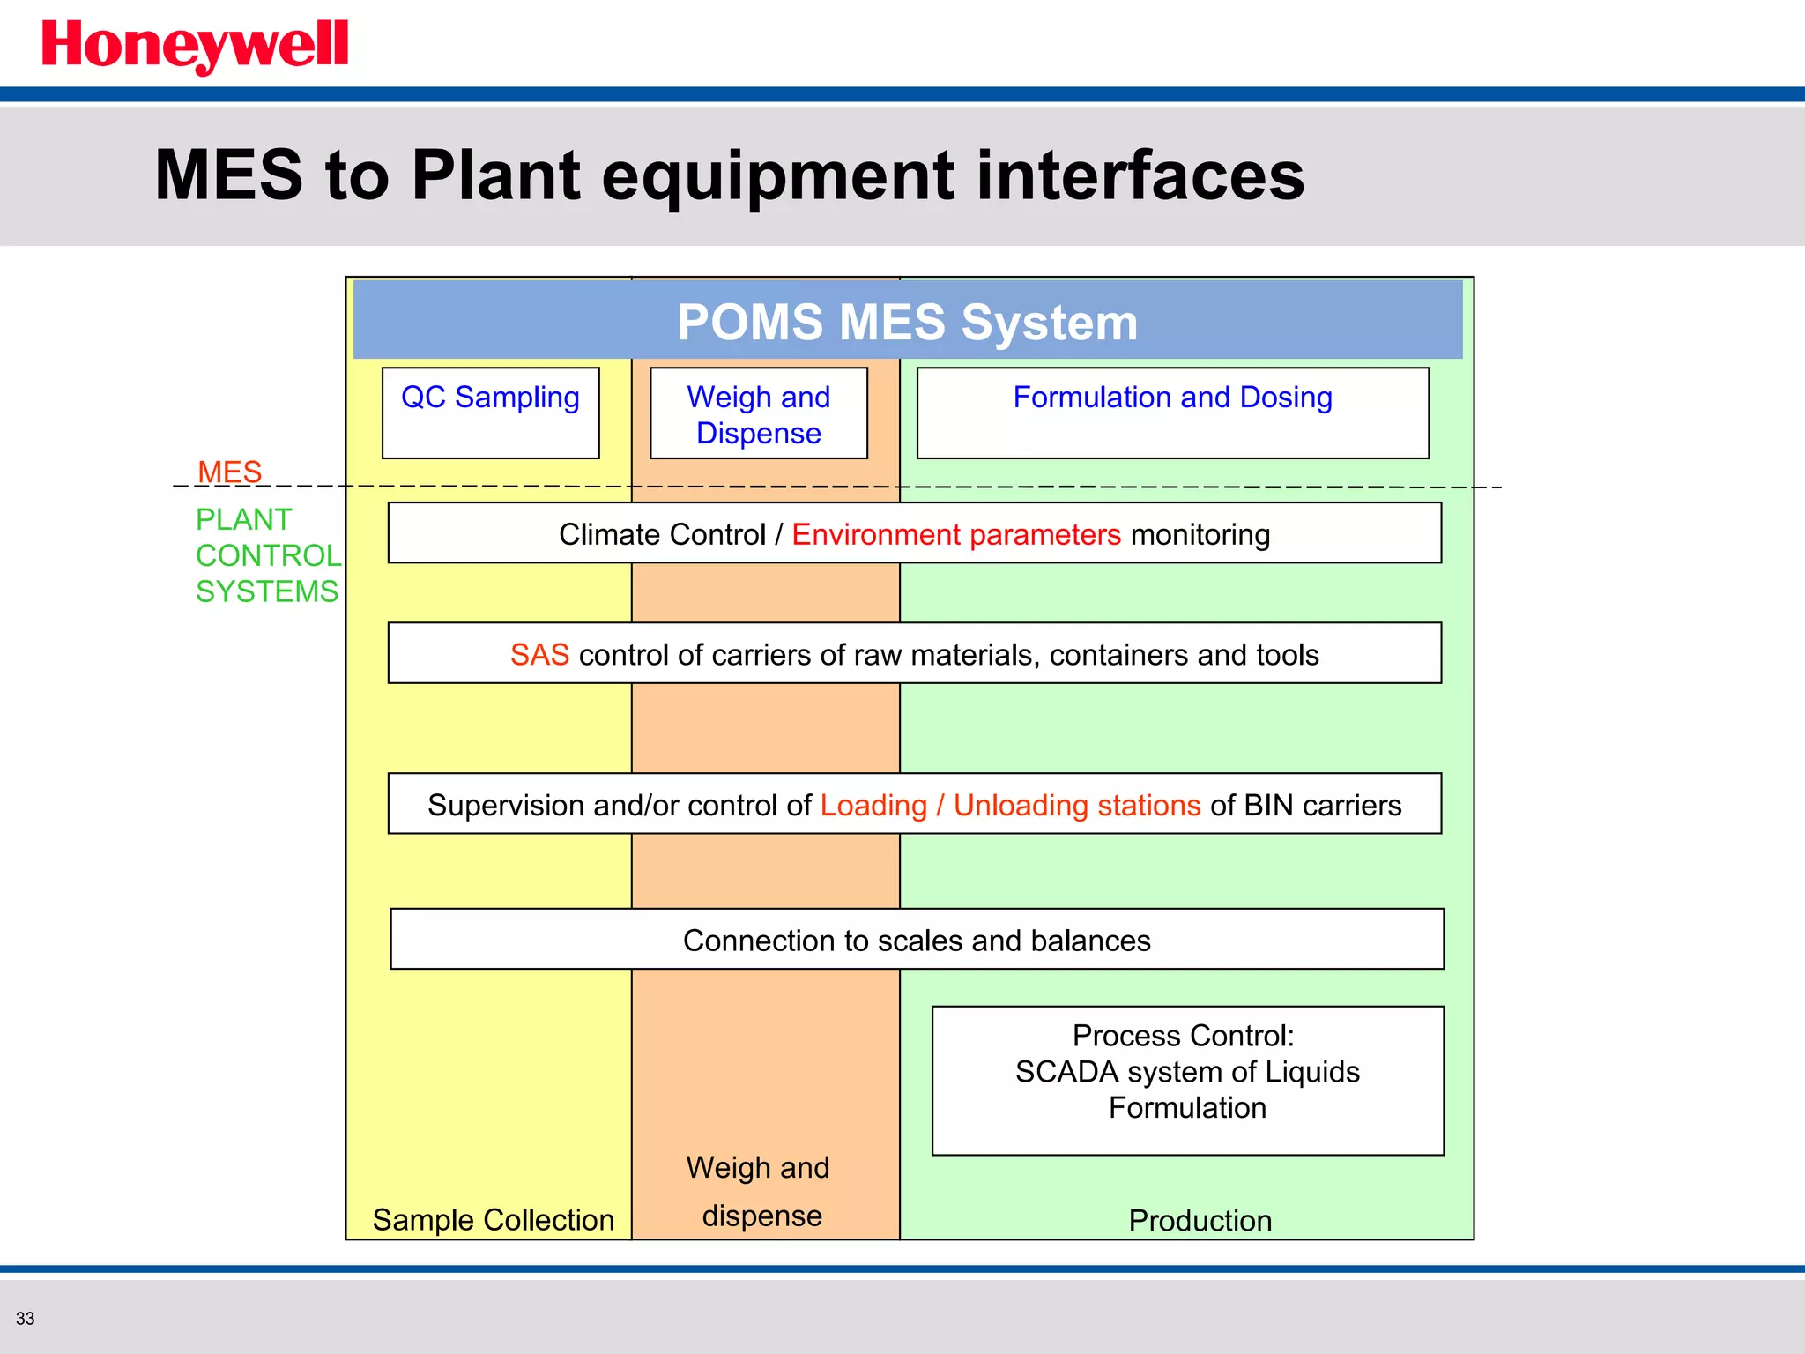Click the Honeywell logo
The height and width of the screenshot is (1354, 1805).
pos(195,45)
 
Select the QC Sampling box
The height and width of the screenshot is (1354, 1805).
pos(491,413)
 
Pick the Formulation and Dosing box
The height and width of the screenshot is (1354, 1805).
pos(1172,413)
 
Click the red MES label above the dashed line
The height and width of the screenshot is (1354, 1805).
pos(229,472)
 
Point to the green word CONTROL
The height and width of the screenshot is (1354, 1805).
pos(268,555)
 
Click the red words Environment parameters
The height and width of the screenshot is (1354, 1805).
pos(955,534)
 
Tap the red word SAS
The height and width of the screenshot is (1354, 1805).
pos(539,655)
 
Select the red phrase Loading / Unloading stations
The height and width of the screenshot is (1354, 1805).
pos(1010,805)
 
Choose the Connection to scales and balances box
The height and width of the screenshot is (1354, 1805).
pos(917,940)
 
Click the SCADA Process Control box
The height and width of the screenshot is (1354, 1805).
pos(1187,1079)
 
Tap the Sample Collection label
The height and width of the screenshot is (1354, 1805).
pos(493,1220)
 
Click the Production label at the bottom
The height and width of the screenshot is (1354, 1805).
pos(1200,1221)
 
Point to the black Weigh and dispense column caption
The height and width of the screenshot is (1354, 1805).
pos(759,1191)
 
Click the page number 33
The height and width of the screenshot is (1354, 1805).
pos(25,1319)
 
